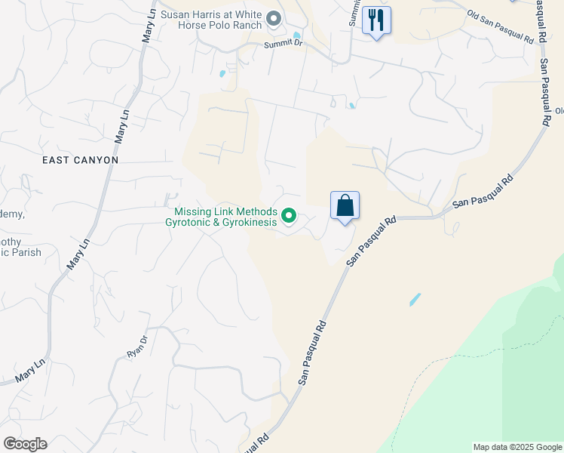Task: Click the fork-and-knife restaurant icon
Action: [x=376, y=19]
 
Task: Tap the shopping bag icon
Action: [x=345, y=205]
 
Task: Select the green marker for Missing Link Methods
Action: [x=289, y=217]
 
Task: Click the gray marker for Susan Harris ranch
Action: [x=274, y=18]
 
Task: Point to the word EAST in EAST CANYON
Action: [x=58, y=160]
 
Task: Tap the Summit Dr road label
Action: [x=283, y=45]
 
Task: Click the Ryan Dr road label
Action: [x=136, y=347]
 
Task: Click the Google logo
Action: [x=25, y=444]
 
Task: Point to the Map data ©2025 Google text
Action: [x=517, y=447]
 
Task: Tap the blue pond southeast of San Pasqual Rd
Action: [x=415, y=300]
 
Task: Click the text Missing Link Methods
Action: [x=225, y=212]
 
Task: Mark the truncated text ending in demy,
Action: [x=12, y=214]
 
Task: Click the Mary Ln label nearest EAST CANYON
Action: [x=121, y=128]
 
